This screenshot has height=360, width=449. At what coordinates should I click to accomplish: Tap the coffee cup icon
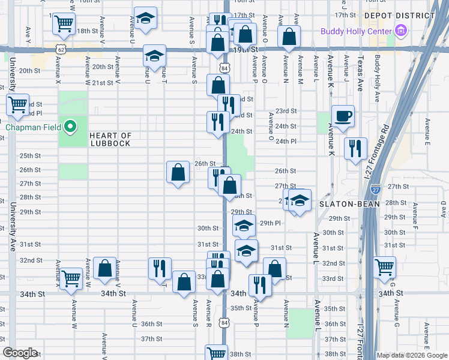coord(343,116)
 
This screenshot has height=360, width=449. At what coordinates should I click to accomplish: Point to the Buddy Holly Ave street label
coord(377,79)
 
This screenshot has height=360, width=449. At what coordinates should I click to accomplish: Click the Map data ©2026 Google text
coord(412,355)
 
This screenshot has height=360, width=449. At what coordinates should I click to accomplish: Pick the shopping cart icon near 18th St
coord(64,25)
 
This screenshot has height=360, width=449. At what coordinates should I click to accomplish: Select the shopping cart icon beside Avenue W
coord(71,278)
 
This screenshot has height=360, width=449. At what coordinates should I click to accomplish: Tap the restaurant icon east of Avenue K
coord(355,148)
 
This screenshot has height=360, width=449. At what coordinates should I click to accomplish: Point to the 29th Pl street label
coord(270,223)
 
